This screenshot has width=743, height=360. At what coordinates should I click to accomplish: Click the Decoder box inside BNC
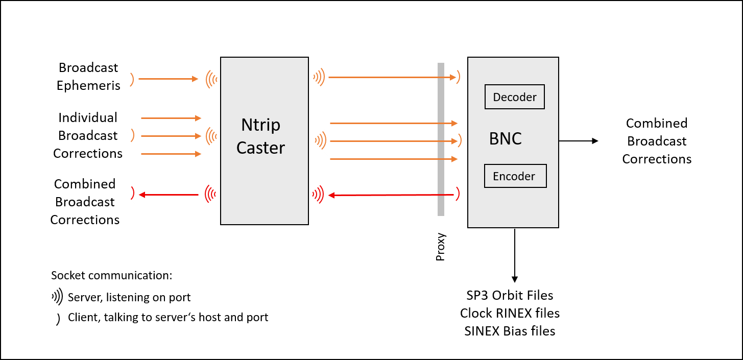pyautogui.click(x=514, y=97)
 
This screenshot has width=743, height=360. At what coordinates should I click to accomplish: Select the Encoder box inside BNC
pyautogui.click(x=515, y=176)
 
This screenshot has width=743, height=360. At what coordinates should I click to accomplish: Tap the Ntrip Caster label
pyautogui.click(x=260, y=136)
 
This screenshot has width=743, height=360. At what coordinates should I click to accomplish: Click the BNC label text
pyautogui.click(x=505, y=138)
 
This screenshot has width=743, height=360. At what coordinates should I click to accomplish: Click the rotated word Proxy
pyautogui.click(x=441, y=247)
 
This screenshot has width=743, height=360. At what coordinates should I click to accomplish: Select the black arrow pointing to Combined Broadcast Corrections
pyautogui.click(x=578, y=141)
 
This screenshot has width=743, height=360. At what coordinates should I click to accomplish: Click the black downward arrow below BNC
pyautogui.click(x=515, y=255)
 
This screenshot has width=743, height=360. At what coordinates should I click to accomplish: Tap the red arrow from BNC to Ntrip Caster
pyautogui.click(x=391, y=195)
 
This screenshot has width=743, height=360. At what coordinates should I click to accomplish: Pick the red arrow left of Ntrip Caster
pyautogui.click(x=169, y=195)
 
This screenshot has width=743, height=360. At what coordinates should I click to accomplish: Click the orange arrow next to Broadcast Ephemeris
pyautogui.click(x=168, y=79)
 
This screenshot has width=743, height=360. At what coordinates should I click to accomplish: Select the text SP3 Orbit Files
pyautogui.click(x=510, y=295)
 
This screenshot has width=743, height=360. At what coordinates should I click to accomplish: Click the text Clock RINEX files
pyautogui.click(x=510, y=313)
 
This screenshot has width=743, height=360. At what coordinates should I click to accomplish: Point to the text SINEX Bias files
pyautogui.click(x=510, y=331)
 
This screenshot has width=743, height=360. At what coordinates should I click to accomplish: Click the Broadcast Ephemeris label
pyautogui.click(x=88, y=77)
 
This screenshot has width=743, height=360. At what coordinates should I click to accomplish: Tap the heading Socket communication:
pyautogui.click(x=112, y=276)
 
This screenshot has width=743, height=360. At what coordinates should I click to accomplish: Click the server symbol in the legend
pyautogui.click(x=57, y=297)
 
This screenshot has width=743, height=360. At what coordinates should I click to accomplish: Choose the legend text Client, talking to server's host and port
pyautogui.click(x=168, y=317)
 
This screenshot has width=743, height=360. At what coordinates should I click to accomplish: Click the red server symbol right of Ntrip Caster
pyautogui.click(x=318, y=195)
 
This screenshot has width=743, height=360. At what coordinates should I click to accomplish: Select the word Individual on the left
pyautogui.click(x=88, y=117)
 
